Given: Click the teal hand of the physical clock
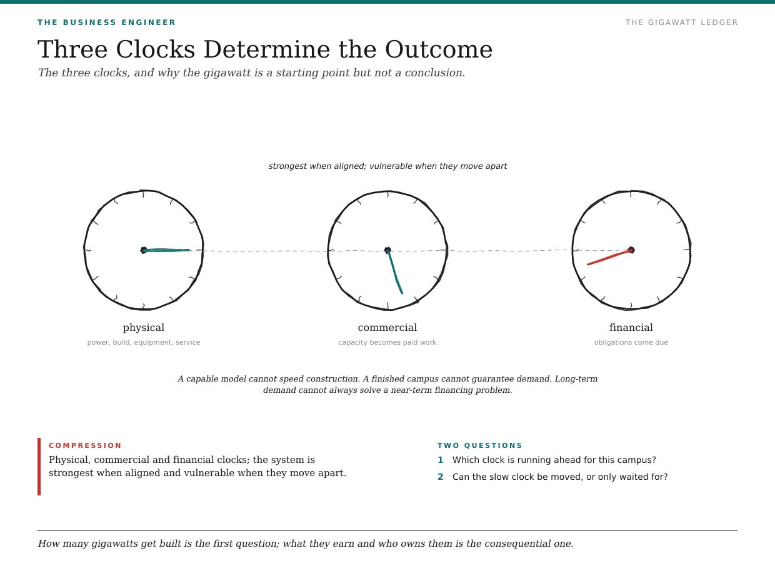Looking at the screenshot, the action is tap(166, 250).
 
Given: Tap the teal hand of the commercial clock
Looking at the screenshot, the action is tap(395, 272).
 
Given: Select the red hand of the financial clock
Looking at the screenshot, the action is tap(609, 257).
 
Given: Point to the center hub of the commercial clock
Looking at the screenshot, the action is tap(387, 250).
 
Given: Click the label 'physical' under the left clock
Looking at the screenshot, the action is tap(144, 327).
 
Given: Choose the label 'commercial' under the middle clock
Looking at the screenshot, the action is tap(387, 327).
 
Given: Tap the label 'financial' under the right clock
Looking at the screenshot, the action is tap(631, 327).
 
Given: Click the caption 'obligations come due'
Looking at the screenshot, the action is tap(631, 342).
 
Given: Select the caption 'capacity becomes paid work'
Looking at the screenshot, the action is tap(387, 342).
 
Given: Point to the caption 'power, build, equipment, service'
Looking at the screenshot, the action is tap(144, 342).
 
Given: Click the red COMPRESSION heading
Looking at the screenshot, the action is tap(85, 445).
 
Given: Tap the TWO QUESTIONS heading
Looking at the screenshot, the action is tap(479, 445).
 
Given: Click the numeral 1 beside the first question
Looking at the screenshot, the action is tap(441, 460).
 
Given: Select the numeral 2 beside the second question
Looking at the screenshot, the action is tap(441, 477).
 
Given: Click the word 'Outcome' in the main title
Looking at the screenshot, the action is tap(439, 49).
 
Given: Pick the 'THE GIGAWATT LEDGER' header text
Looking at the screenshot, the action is tap(682, 23).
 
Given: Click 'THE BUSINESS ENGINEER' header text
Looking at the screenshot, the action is tap(106, 23).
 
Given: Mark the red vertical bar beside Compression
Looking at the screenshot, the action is tap(39, 467).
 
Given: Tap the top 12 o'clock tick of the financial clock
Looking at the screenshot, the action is tap(631, 193).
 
